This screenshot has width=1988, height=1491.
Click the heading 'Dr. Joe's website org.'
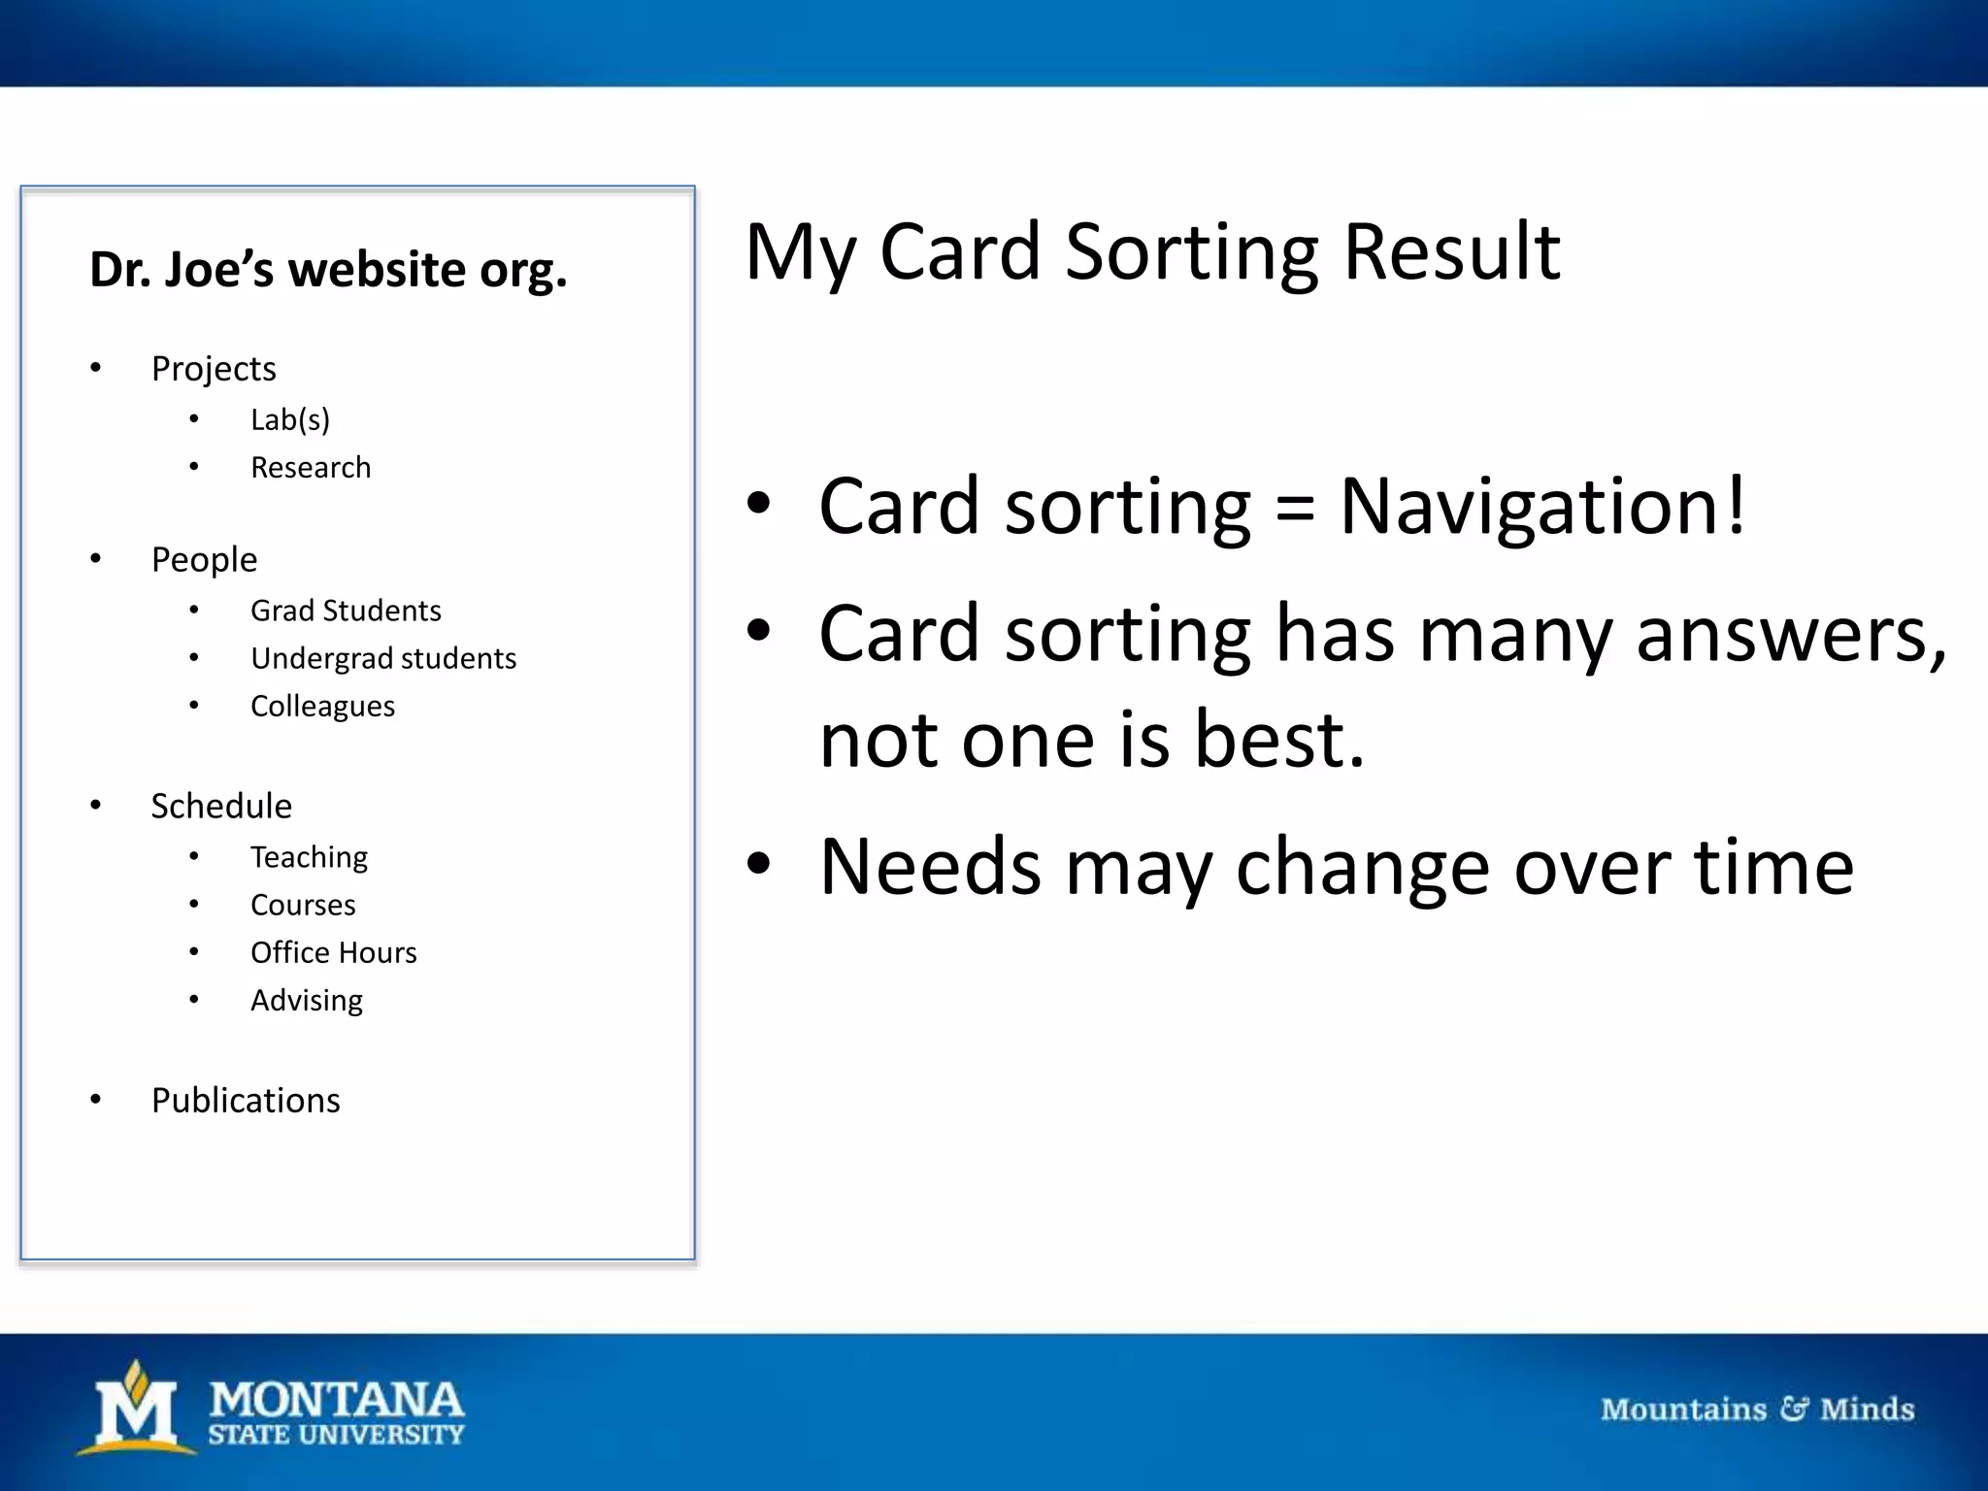[328, 270]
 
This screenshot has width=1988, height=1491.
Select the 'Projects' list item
[214, 369]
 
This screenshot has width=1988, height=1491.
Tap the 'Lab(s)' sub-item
[290, 419]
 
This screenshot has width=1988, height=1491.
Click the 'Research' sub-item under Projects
[311, 468]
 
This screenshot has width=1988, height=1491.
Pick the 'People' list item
[204, 560]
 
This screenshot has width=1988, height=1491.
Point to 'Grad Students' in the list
[346, 611]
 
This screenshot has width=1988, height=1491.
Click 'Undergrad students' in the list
[383, 658]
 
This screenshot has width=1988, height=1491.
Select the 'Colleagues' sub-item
[322, 706]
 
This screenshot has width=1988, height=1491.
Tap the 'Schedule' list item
[221, 807]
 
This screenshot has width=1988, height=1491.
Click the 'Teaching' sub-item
[309, 857]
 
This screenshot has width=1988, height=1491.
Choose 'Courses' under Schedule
[303, 905]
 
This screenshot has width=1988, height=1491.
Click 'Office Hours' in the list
[333, 952]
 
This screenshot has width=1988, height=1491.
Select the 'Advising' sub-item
[307, 1001]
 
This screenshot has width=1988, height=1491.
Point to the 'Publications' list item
[246, 1101]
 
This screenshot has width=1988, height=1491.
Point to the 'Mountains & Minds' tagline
[1757, 1408]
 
